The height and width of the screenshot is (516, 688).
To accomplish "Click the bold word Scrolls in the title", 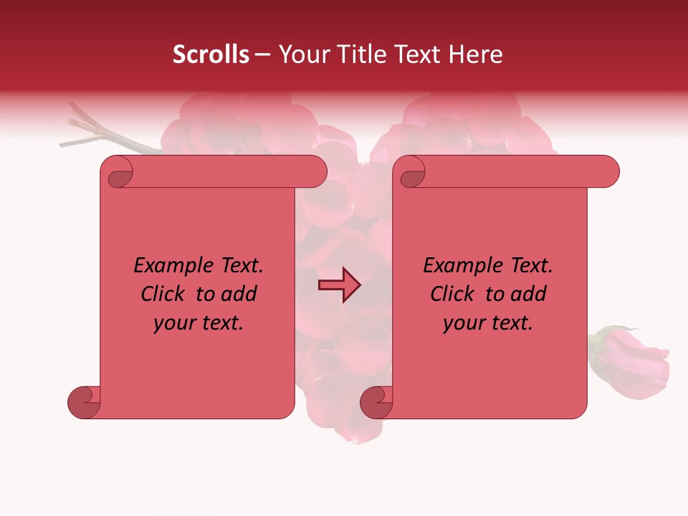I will pos(211,54).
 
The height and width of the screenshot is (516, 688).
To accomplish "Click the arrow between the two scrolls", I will pos(339,285).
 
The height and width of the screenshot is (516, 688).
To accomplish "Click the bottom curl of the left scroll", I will pos(84,402).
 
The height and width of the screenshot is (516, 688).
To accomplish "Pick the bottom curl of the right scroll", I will pos(376,402).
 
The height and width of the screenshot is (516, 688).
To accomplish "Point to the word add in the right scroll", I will pos(529,294).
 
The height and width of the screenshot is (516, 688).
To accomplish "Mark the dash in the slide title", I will pos(262,54).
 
